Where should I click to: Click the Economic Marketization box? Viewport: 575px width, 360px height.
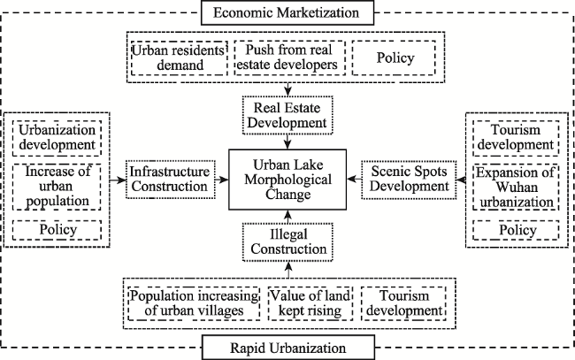(287, 13)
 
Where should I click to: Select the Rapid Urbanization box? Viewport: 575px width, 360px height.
(288, 347)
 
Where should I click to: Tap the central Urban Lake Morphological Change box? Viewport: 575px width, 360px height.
(287, 180)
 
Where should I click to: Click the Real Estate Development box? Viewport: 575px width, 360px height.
(287, 115)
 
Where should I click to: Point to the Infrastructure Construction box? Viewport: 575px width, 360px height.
(171, 180)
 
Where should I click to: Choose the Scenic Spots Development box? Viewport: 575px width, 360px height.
(409, 180)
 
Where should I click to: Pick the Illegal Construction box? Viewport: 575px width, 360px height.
(287, 242)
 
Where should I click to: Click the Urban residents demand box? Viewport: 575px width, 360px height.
(179, 57)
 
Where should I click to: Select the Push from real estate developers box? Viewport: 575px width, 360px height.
(289, 57)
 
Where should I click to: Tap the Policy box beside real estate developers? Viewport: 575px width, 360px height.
(395, 57)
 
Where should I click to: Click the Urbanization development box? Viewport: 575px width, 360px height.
(57, 138)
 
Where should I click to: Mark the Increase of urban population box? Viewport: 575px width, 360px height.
(57, 187)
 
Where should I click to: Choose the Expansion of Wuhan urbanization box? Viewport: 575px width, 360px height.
(516, 188)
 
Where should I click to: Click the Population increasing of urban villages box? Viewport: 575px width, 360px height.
(194, 303)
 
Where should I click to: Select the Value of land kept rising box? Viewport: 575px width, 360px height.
(310, 303)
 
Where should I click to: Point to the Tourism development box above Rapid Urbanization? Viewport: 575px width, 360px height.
(403, 303)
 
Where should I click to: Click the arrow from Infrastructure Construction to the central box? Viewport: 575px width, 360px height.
(222, 180)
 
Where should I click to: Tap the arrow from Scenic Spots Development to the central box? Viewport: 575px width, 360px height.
(354, 180)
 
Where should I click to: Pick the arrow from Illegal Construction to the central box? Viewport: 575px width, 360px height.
(287, 217)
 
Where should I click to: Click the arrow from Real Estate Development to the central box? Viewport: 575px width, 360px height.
(287, 142)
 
